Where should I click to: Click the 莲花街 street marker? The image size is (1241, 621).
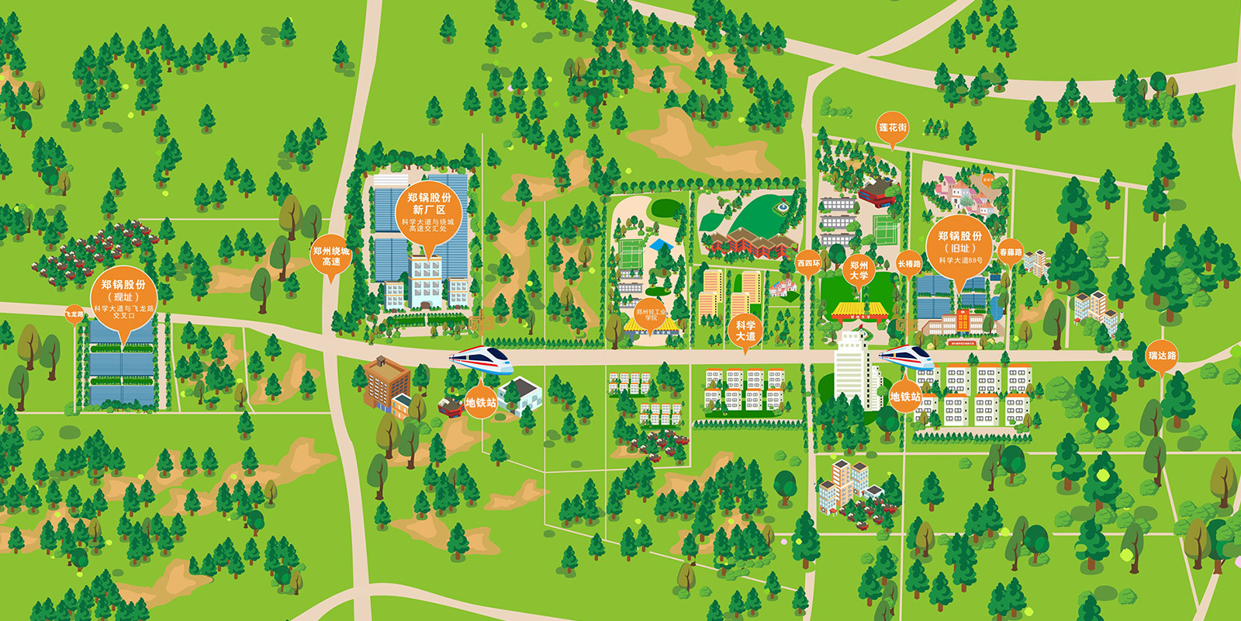tap(892, 128)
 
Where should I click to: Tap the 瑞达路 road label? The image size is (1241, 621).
tap(1162, 356)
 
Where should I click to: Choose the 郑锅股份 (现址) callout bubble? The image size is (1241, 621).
tap(123, 298)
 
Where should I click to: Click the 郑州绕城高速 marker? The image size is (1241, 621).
tap(330, 256)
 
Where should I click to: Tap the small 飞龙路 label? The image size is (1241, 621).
tap(74, 314)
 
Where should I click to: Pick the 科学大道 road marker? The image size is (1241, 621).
tap(745, 331)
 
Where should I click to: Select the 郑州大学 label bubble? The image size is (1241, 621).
tap(859, 270)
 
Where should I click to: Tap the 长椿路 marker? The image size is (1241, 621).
tap(909, 264)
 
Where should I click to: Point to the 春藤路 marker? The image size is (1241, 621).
tap(1010, 252)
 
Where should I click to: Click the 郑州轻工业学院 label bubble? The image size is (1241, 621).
tap(651, 314)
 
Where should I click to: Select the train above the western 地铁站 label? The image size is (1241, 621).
tap(481, 359)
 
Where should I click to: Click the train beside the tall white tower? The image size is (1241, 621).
tap(906, 357)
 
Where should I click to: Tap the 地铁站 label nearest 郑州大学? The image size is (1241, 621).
tap(904, 397)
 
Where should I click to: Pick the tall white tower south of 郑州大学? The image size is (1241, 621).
tap(853, 369)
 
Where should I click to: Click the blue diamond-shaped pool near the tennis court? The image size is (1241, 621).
tap(661, 245)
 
